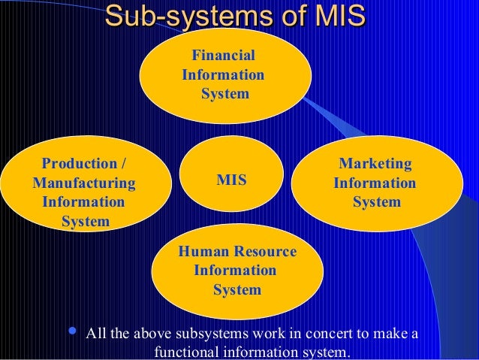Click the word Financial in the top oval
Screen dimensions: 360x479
coord(224,56)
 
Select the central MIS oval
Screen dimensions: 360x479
coord(232,180)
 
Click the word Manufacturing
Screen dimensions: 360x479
coord(84,183)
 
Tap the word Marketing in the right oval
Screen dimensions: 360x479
coord(375,163)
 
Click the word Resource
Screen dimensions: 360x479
coord(262,251)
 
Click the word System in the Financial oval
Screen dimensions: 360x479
coord(225,95)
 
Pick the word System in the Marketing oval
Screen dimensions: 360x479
coord(377,202)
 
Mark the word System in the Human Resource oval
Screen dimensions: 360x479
coord(237,290)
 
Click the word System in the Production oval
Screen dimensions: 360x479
coord(86,222)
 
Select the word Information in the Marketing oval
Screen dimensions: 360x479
coord(375,183)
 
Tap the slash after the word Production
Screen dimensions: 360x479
coord(123,163)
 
